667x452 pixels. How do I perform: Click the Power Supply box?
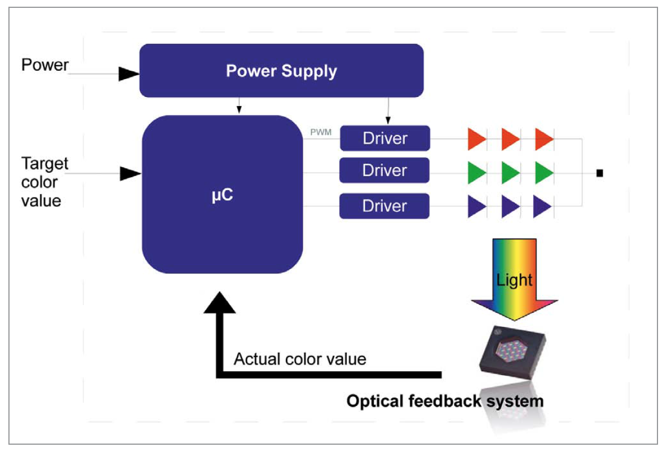click(x=281, y=71)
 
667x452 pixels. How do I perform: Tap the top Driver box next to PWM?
click(x=385, y=138)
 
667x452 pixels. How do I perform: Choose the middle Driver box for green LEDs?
click(x=385, y=170)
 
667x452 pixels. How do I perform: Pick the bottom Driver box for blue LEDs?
click(x=385, y=206)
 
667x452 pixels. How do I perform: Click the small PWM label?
click(x=321, y=133)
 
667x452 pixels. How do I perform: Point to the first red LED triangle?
click(x=476, y=139)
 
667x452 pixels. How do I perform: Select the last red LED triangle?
click(x=544, y=139)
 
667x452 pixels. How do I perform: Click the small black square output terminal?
click(x=599, y=173)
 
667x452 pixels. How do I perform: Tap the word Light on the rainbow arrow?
click(x=515, y=279)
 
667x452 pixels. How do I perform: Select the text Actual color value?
click(x=300, y=359)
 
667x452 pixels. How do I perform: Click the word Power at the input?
click(x=45, y=65)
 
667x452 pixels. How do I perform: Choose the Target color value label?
click(x=45, y=182)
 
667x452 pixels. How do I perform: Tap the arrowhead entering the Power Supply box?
click(x=128, y=73)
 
